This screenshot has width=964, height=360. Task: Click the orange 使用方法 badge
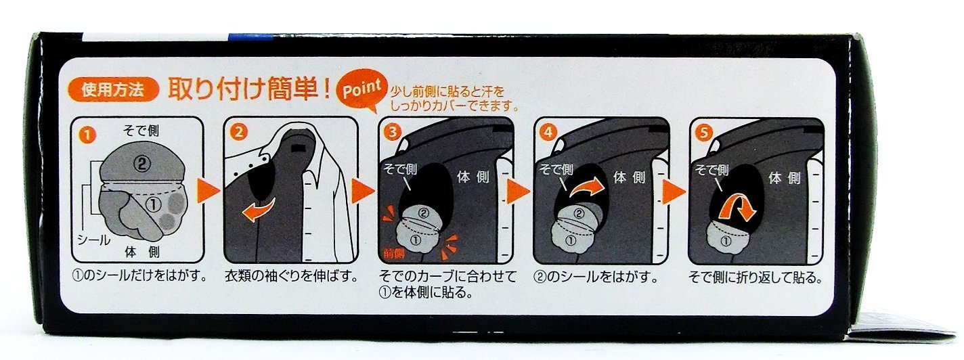click(x=113, y=90)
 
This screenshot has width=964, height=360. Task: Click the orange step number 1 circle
click(x=87, y=135)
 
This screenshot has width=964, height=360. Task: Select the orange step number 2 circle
click(x=239, y=131)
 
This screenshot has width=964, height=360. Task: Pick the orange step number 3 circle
click(x=393, y=131)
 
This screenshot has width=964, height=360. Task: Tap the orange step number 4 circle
click(x=548, y=131)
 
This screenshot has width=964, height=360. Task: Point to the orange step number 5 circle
click(x=703, y=133)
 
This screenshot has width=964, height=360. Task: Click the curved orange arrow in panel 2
click(x=258, y=210)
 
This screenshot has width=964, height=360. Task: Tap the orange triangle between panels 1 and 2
click(x=209, y=191)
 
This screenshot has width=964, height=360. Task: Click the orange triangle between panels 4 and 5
click(x=674, y=192)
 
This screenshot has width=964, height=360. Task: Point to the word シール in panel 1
click(x=93, y=240)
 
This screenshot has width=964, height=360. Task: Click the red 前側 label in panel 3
click(x=394, y=254)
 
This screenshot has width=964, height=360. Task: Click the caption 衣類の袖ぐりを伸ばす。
click(x=292, y=276)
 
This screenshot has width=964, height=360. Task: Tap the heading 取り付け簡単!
click(x=248, y=89)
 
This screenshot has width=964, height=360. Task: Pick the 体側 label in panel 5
click(x=785, y=178)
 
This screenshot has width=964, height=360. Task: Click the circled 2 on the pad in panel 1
click(x=141, y=164)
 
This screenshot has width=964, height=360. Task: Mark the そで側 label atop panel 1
click(x=141, y=131)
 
